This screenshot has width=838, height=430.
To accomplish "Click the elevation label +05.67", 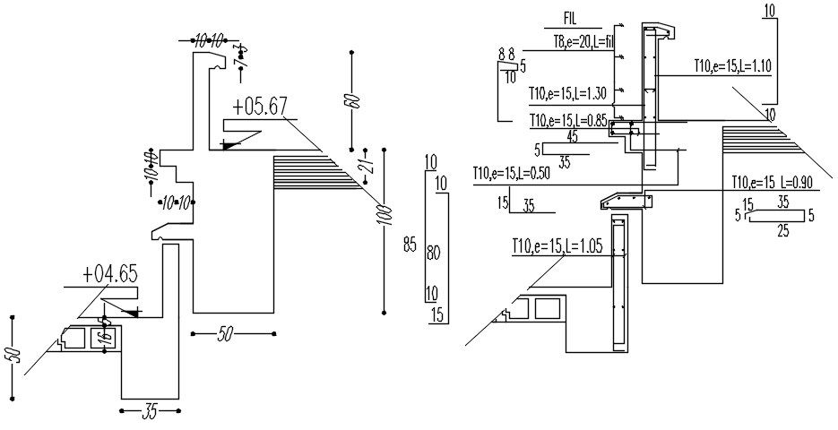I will [259, 107].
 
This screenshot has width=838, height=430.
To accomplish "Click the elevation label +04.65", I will [109, 274].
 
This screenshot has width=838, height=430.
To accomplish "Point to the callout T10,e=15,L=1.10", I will [733, 66].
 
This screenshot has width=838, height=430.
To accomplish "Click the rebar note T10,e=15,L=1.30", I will [567, 93].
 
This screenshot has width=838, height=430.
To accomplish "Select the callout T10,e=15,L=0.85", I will [567, 120].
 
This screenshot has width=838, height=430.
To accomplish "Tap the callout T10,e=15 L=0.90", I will [772, 181].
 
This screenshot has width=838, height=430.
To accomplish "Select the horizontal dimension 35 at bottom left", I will [150, 412].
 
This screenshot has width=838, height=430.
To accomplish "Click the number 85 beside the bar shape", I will [410, 244].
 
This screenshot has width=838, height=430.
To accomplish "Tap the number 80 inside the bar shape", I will [434, 254].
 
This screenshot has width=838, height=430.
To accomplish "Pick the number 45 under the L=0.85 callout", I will [572, 137].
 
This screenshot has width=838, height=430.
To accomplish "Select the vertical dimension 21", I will [367, 163].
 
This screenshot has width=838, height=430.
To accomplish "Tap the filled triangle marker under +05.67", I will [231, 142].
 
